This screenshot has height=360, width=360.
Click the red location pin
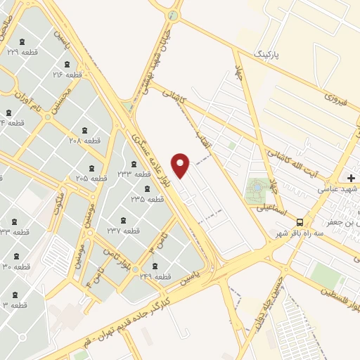tap(181, 165)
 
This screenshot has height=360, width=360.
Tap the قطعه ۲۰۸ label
tap(84, 140)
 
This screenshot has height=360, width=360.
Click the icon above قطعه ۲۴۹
tap(155, 265)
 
